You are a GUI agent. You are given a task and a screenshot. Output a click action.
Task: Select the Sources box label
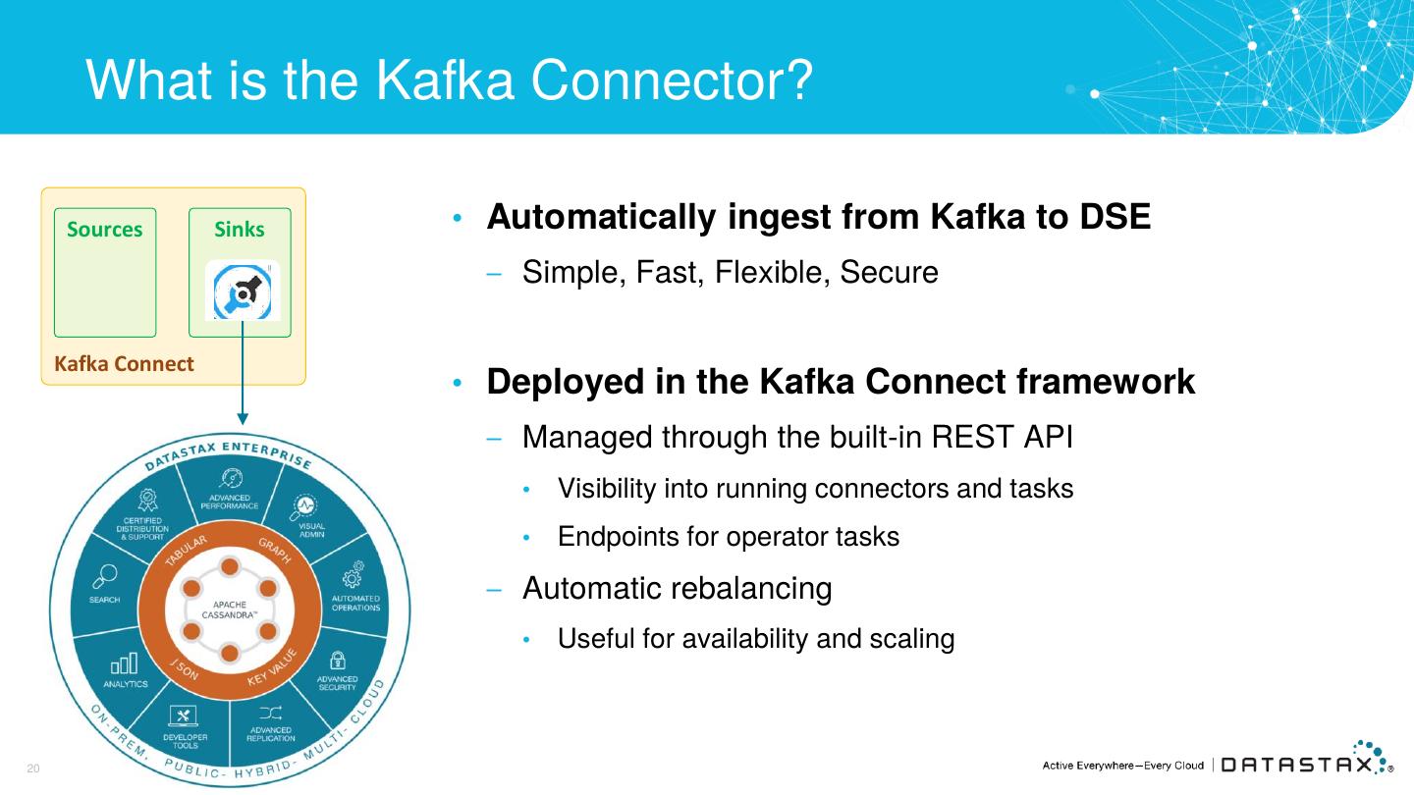point(104,230)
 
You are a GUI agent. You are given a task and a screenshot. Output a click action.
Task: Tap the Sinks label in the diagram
point(240,230)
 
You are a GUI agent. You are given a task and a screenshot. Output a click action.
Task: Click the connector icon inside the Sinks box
point(242,291)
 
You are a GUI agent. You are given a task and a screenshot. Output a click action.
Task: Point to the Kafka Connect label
point(124,364)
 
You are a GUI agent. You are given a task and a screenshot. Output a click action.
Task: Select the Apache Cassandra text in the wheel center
point(228,607)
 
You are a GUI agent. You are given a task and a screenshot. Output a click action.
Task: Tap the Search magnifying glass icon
point(106,576)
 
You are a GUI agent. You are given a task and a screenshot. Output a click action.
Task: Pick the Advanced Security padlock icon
point(337,661)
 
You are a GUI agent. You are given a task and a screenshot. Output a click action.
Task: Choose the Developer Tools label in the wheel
point(185,741)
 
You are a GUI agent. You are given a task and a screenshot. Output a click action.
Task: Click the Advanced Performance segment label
point(234,502)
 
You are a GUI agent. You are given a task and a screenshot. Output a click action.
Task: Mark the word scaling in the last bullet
point(912,639)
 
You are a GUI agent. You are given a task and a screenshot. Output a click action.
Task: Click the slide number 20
point(32,768)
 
